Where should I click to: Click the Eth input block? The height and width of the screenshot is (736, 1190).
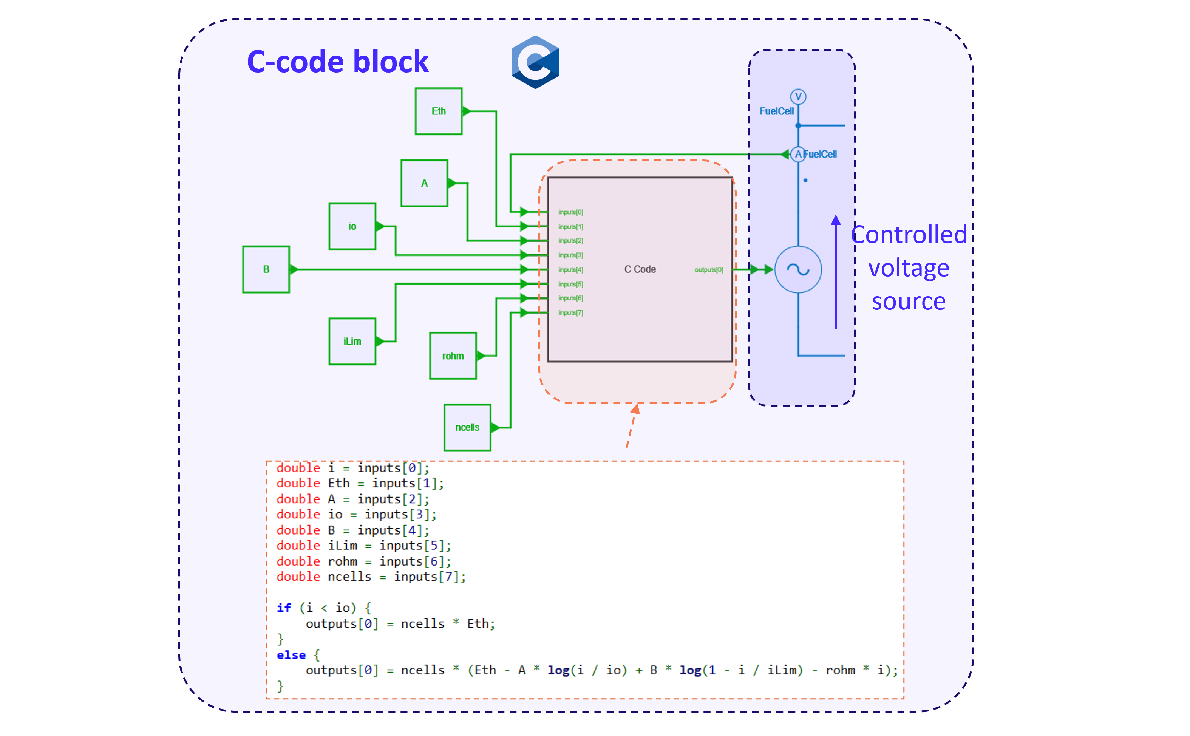[438, 111]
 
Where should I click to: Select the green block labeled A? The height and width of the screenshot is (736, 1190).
[424, 183]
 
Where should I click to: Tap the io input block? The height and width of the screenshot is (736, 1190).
[352, 226]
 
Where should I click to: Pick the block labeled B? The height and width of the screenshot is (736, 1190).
[266, 269]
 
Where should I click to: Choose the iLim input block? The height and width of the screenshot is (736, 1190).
[352, 341]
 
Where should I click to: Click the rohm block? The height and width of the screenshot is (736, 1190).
[453, 356]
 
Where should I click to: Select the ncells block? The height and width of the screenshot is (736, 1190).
[467, 427]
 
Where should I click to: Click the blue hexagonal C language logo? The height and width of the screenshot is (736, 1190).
[535, 62]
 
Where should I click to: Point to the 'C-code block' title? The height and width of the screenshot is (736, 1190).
[337, 62]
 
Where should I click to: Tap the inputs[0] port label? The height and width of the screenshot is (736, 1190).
[570, 212]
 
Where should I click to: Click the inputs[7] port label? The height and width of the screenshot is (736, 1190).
[570, 312]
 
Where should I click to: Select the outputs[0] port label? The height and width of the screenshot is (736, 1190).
[708, 270]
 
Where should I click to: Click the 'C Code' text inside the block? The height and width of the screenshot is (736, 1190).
[640, 269]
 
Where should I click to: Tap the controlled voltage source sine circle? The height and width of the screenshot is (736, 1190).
[798, 269]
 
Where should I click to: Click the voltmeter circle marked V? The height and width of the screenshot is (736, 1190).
[798, 96]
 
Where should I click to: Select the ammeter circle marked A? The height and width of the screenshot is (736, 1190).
[798, 154]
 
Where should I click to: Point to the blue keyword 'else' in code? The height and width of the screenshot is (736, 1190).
[291, 655]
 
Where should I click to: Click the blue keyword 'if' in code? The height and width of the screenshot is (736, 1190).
[284, 608]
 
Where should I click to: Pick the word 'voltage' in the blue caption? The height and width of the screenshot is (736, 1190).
[908, 268]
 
